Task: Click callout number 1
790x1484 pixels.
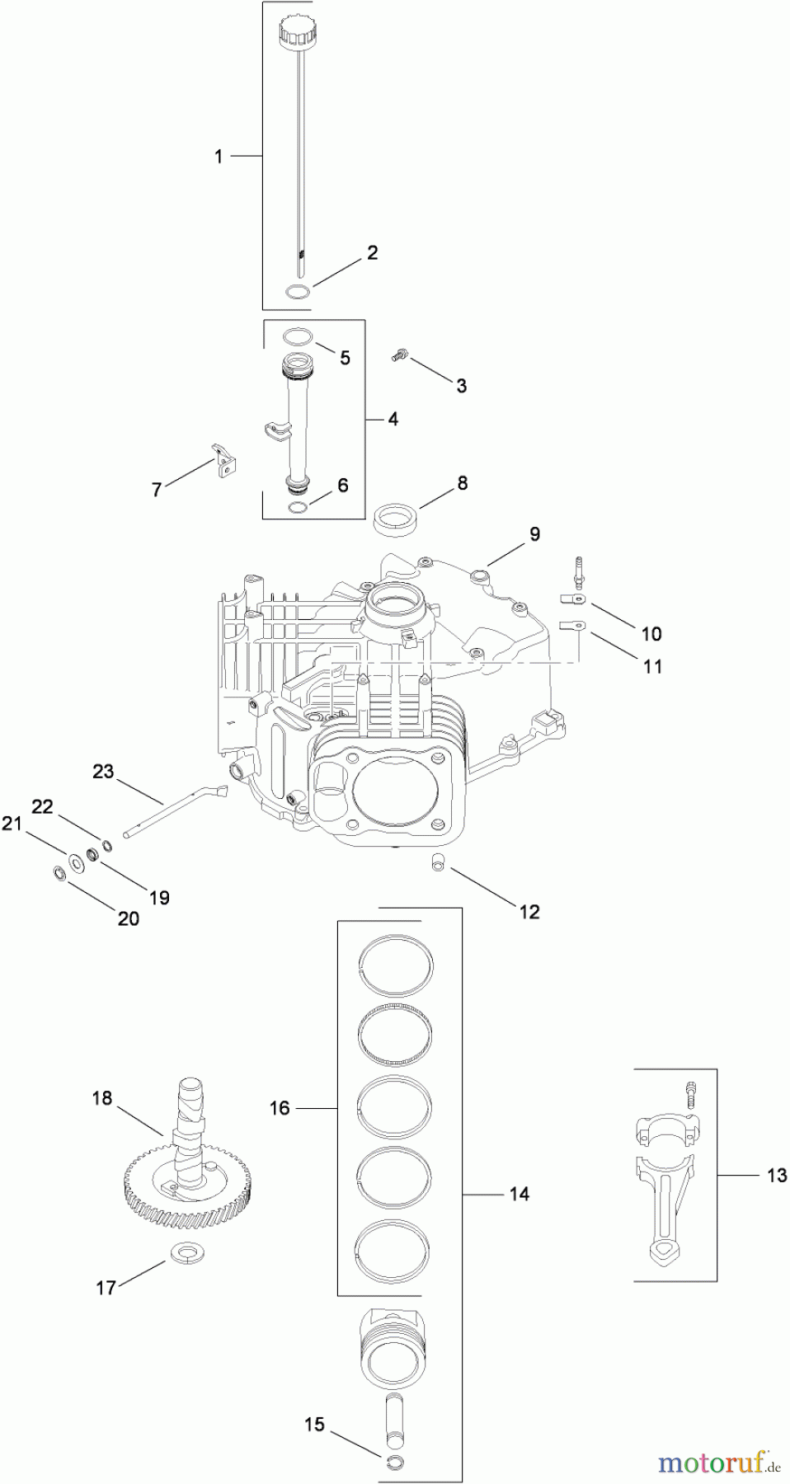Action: point(219,156)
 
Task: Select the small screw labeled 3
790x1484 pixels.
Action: point(400,355)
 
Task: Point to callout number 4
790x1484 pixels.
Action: point(393,420)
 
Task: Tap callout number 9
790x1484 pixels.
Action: point(534,534)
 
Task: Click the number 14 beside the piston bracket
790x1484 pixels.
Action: point(519,1193)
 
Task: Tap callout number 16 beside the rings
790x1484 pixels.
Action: point(280,1108)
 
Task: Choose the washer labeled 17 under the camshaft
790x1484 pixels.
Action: point(187,1254)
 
